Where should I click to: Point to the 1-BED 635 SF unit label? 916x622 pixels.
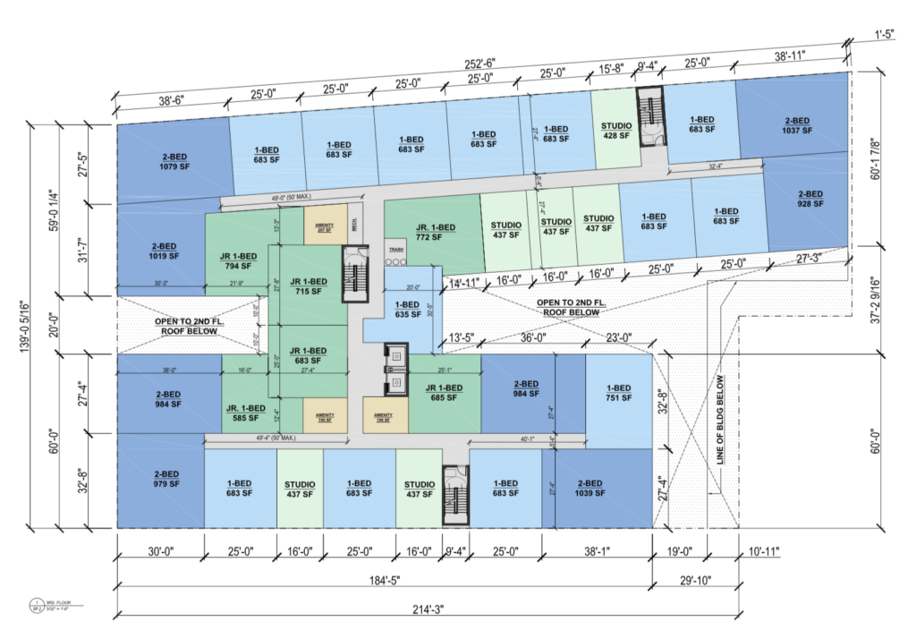[x=406, y=308]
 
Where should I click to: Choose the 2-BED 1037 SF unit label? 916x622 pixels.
[x=797, y=125]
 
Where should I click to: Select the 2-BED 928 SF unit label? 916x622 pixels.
[x=810, y=199]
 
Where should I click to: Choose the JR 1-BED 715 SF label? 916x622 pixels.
[x=306, y=286]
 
